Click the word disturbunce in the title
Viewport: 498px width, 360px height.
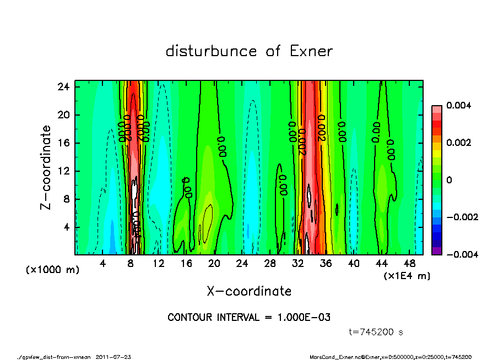(x=211, y=52)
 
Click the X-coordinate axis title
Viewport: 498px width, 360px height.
(x=249, y=291)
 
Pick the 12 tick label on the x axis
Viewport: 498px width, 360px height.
(x=159, y=264)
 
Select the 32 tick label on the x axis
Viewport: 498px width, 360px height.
(x=298, y=264)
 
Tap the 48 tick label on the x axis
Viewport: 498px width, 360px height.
(x=410, y=264)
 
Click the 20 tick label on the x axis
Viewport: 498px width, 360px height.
(x=214, y=264)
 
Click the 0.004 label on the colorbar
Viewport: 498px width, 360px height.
(x=458, y=105)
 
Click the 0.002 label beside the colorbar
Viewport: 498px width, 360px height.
(x=458, y=143)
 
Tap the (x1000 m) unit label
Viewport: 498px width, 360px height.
(x=53, y=270)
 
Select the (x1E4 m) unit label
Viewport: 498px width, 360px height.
(x=407, y=275)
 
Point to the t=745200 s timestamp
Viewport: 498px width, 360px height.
(x=376, y=332)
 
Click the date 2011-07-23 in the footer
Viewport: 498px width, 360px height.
(x=113, y=357)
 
